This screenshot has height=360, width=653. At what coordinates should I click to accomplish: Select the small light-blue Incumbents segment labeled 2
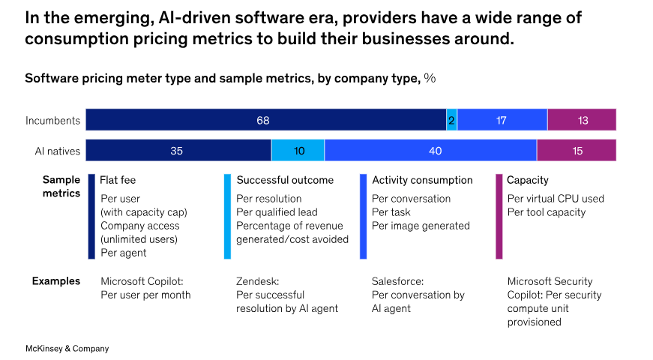tap(451, 120)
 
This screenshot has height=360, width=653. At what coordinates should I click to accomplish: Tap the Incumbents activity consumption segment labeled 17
tap(502, 120)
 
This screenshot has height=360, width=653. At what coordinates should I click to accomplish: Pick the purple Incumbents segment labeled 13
tap(582, 120)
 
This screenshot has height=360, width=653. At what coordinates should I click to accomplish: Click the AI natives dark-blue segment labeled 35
tap(178, 151)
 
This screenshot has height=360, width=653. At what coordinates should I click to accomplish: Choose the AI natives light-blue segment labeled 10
tap(298, 151)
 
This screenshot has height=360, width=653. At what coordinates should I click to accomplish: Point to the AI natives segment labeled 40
tap(430, 151)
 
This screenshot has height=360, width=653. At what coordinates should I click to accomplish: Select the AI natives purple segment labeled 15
tap(577, 151)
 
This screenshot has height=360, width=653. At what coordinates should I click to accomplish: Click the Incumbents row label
tap(53, 120)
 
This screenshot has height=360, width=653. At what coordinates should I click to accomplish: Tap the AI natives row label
tap(57, 151)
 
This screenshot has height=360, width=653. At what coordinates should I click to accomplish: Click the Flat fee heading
tap(118, 180)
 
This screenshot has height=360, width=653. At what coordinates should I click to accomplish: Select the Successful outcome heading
tap(285, 180)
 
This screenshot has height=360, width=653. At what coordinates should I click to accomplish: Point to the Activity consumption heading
tap(422, 180)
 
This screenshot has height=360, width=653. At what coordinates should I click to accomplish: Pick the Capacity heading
tap(528, 180)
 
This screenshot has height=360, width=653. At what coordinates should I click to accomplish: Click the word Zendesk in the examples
tap(257, 281)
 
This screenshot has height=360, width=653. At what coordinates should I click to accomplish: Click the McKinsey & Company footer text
tap(67, 349)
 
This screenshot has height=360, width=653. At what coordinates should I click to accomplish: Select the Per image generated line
tap(421, 226)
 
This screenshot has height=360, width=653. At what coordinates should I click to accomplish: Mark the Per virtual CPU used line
tap(556, 199)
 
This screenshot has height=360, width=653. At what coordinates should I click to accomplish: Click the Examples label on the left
tap(55, 281)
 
